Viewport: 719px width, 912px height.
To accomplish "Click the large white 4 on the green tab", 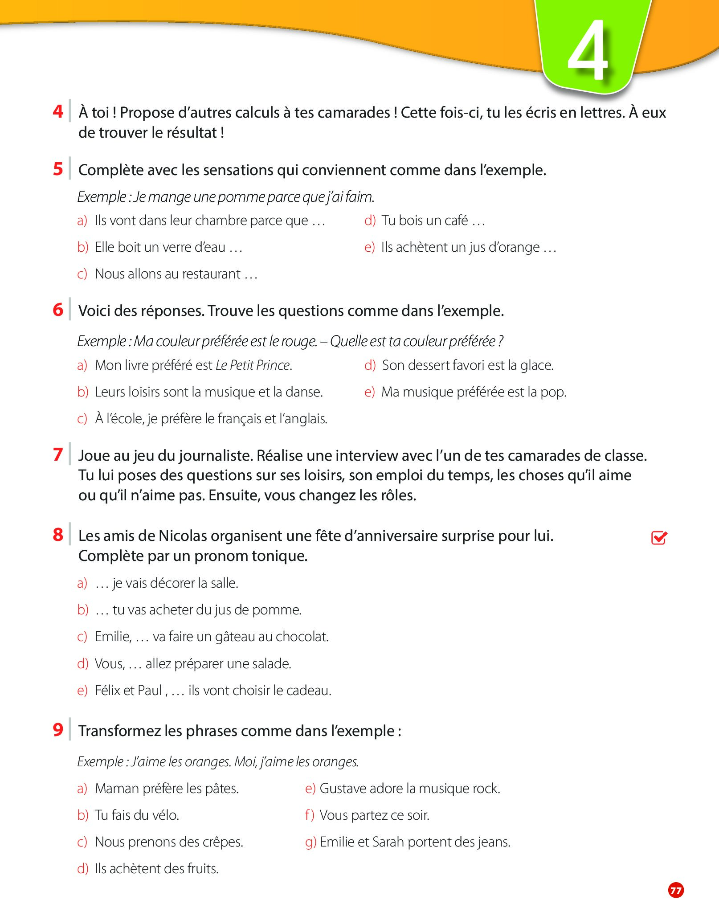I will [x=588, y=50].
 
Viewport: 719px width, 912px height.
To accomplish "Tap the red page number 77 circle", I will [x=676, y=890].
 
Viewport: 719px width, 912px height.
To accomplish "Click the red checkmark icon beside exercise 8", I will [x=659, y=538].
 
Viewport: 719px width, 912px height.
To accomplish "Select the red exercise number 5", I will [x=58, y=169].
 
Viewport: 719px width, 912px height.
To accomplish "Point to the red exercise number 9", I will [x=58, y=730].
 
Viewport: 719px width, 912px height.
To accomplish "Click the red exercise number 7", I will [x=58, y=454].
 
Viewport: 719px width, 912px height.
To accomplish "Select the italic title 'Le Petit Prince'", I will [x=253, y=365].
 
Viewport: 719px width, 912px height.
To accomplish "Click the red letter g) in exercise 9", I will [x=310, y=842].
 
